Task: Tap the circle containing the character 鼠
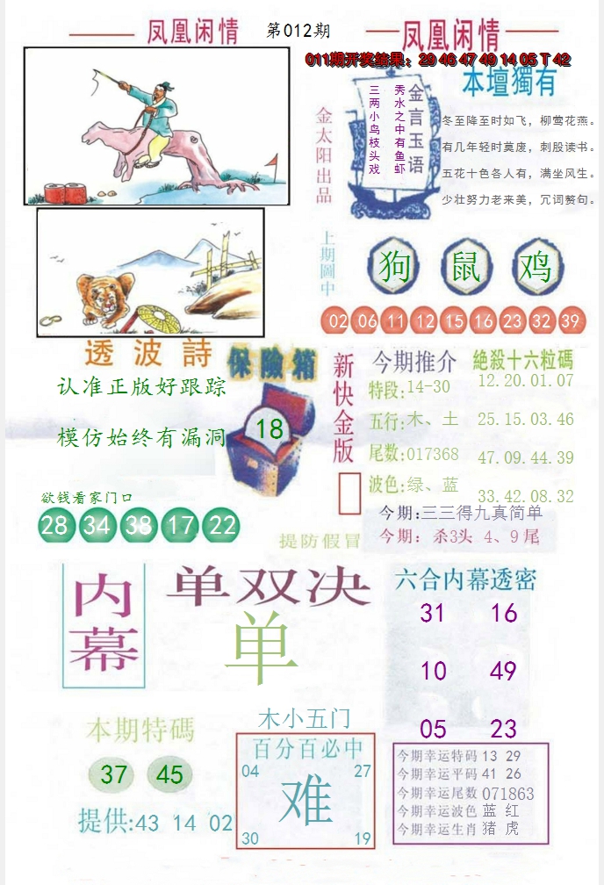[466, 266]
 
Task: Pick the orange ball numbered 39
[571, 321]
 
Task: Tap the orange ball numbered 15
[454, 321]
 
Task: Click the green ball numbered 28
[54, 525]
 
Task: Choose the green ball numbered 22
[223, 525]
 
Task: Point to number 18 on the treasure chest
[270, 428]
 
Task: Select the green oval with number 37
[114, 774]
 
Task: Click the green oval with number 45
[169, 774]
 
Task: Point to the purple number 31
[432, 613]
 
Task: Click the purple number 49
[504, 672]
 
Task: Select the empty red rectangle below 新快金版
[349, 493]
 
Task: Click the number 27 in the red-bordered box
[363, 771]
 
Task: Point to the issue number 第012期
[298, 31]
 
